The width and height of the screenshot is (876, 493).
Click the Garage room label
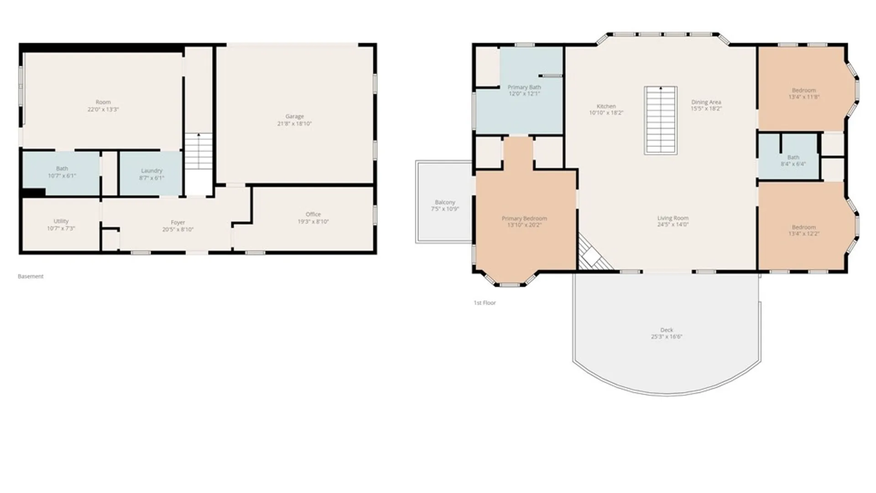point(294,116)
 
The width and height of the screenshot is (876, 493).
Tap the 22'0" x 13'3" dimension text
point(103,110)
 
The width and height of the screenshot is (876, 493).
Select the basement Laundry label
point(151,171)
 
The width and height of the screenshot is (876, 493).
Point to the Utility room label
point(61,221)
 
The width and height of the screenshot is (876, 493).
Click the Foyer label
point(178,223)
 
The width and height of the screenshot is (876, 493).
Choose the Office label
point(313,215)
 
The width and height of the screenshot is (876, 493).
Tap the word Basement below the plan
point(31,276)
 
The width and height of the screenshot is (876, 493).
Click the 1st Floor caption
point(485,303)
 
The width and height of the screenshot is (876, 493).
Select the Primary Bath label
point(524,87)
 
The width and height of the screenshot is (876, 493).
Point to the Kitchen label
point(606,106)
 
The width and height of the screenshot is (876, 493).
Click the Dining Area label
point(706,102)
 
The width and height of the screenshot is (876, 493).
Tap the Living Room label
point(673,218)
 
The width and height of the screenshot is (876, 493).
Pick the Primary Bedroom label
point(524,219)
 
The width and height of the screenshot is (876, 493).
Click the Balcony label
point(445,202)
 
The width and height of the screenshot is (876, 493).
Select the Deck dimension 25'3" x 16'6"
point(667,337)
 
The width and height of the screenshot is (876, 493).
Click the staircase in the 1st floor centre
point(660,120)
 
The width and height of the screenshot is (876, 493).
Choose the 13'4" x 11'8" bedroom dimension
point(804,97)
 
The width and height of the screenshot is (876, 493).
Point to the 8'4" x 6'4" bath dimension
point(793,164)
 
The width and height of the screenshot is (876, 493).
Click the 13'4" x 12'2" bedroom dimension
point(804,234)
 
